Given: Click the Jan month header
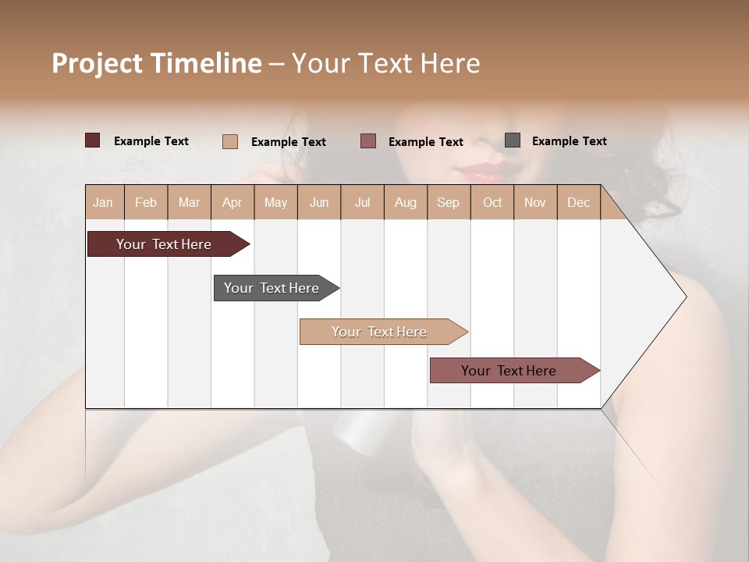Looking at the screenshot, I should (103, 202).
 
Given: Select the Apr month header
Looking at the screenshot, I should (232, 202).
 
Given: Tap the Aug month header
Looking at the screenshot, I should (405, 202).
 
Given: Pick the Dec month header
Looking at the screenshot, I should (578, 202).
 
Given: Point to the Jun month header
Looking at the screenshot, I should (319, 202).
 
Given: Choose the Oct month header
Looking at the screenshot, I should (492, 202).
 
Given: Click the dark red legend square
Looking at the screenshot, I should (92, 140).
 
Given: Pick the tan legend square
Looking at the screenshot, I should (229, 141).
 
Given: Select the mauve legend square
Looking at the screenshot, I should (367, 141).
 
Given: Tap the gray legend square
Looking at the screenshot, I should (512, 140).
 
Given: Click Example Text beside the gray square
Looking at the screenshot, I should (569, 141).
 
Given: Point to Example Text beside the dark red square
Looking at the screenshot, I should (151, 141).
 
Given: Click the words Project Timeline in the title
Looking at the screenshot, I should (156, 63).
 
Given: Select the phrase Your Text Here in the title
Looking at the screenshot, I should (385, 63).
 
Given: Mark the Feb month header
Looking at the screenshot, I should (146, 202).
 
